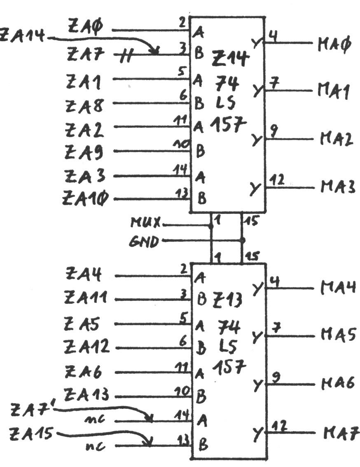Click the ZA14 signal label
tap(23, 36)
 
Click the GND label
tap(145, 241)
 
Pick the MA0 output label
tap(334, 44)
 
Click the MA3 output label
tap(337, 187)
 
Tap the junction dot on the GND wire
tap(242, 239)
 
